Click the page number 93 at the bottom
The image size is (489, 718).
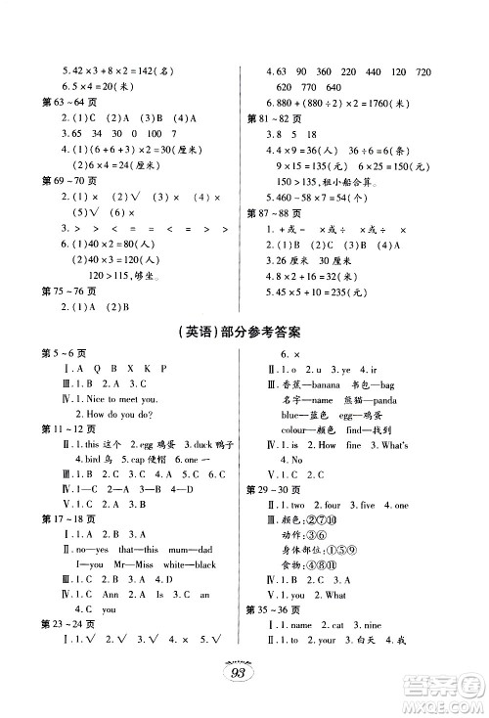[x=244, y=673]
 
